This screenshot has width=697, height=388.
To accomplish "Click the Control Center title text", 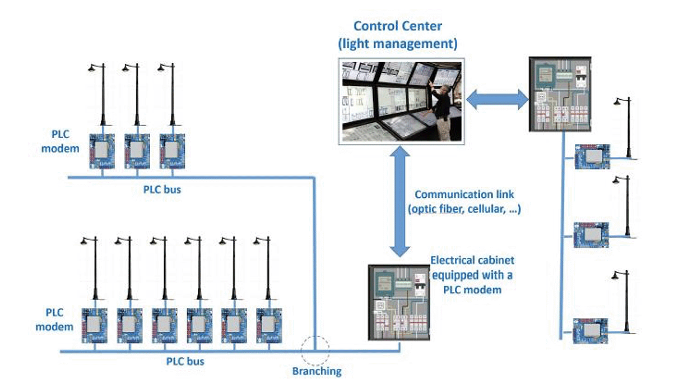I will pos(398,34).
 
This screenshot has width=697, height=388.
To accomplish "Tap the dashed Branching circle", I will pos(315,351).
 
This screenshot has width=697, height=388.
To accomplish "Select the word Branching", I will pos(317,371).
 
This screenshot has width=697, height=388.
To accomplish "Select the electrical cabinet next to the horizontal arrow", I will pos(560,94).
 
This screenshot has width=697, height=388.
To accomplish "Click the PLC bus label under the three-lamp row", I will pos(162,190).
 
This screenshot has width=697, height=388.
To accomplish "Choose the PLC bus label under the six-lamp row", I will pos(185,362).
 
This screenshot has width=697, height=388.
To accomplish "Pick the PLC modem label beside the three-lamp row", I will pos(63,142).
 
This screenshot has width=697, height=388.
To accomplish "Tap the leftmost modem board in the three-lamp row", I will pos(102,151).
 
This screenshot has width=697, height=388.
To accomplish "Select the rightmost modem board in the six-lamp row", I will pos(269,325).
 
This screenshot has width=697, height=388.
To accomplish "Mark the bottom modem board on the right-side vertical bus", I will pos(591,331).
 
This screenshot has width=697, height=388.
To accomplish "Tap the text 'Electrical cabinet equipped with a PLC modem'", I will pos(472,275).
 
